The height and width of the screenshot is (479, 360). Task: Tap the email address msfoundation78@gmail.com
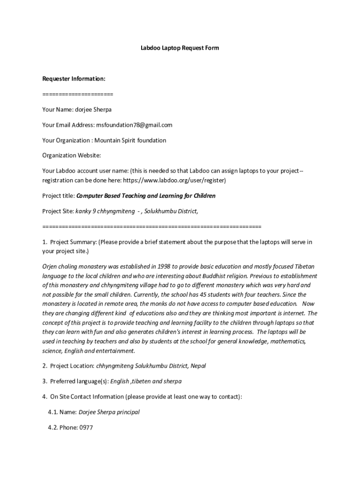(x=134, y=125)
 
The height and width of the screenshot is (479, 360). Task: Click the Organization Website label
(x=72, y=155)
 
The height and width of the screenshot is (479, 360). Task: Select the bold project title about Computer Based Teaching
(x=146, y=196)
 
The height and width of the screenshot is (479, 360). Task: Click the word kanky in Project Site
(x=83, y=211)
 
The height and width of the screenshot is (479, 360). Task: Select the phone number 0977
(x=86, y=427)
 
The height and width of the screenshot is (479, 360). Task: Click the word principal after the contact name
(x=128, y=412)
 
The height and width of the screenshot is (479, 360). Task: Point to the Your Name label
(x=57, y=109)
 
